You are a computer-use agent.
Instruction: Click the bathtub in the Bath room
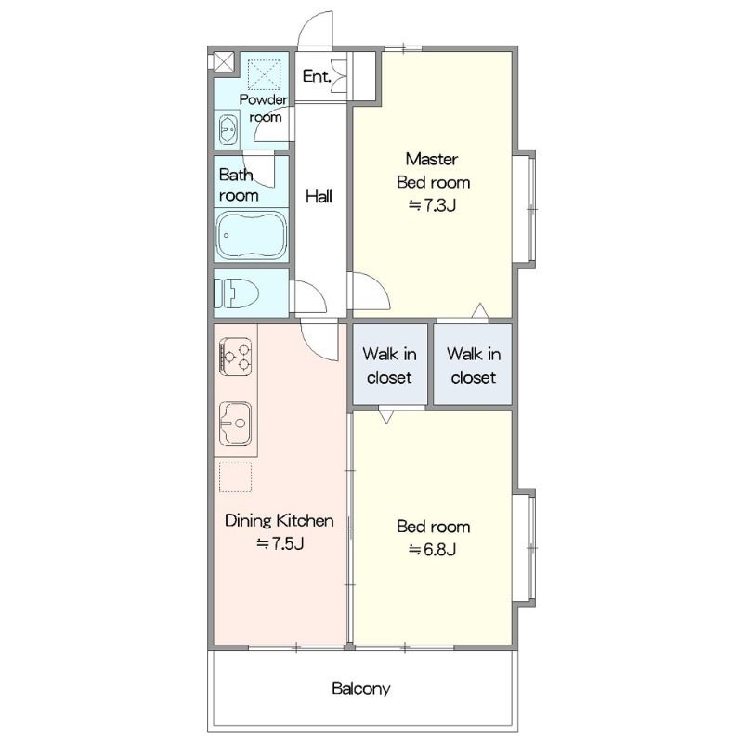point(251,235)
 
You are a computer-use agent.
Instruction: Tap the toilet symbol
point(236,293)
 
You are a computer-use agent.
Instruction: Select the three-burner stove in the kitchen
point(236,357)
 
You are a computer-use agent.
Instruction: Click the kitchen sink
point(236,424)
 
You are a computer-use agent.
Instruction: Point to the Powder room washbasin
point(228,129)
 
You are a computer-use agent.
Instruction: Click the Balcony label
point(361,688)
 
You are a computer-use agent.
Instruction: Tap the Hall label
point(319,196)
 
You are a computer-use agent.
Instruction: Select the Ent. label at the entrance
point(317,76)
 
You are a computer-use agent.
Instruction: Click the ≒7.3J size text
point(433,205)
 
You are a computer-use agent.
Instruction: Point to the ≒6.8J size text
point(433,550)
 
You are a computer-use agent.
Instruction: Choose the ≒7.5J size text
point(280,543)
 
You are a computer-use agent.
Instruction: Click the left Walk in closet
point(390,364)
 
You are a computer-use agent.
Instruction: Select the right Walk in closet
point(473,364)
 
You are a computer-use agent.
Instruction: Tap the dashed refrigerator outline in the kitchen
point(236,477)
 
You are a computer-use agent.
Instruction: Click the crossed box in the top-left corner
point(223,62)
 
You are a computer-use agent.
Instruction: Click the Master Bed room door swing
point(370,291)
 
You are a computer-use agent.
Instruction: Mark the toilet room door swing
point(310,296)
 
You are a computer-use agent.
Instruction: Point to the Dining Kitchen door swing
point(319,340)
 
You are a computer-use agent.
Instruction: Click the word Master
point(432,159)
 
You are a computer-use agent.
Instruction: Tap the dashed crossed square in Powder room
point(265,74)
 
